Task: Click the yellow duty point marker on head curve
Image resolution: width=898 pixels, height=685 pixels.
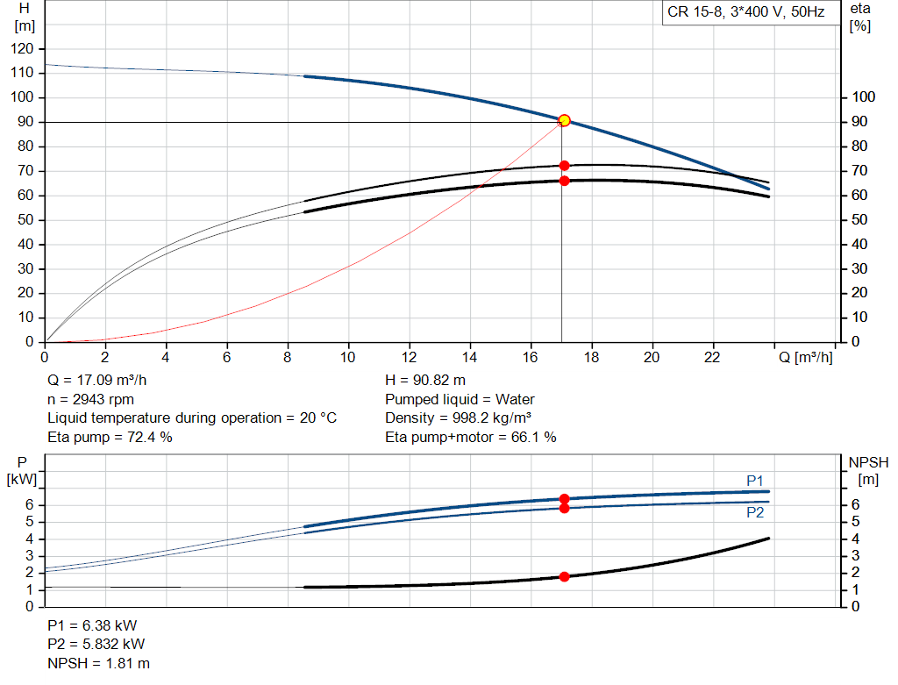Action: coord(564,120)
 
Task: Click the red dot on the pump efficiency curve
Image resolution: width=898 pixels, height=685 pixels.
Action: coord(564,166)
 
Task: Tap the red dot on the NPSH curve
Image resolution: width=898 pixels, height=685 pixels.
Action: coord(564,576)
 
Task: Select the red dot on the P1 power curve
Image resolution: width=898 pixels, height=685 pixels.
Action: coord(564,499)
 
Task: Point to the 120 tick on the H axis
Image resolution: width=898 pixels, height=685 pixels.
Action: coord(24,48)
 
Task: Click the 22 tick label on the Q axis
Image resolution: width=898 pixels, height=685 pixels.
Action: coord(712,358)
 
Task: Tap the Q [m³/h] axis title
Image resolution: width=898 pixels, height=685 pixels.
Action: coord(805,358)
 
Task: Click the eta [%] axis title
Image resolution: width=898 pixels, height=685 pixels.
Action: coord(860,17)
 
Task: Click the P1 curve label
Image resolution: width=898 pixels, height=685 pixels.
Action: coord(755,480)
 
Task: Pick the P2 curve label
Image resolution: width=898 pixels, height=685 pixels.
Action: coord(755,513)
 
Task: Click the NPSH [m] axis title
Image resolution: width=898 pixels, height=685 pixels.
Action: coord(868,470)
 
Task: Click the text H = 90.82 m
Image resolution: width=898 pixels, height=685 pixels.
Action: coord(425,381)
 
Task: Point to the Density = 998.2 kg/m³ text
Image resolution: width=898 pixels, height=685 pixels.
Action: coord(459,417)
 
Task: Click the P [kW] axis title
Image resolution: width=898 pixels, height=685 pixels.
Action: coord(23,470)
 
